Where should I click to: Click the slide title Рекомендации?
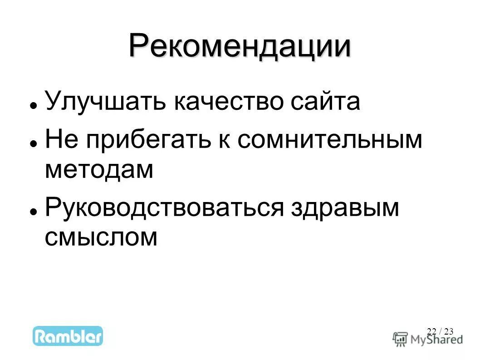pyautogui.click(x=240, y=45)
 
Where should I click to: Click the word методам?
pyautogui.click(x=99, y=169)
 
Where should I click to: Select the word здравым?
pyautogui.click(x=345, y=208)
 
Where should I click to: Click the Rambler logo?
pyautogui.click(x=68, y=336)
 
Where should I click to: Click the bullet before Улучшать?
pyautogui.click(x=33, y=105)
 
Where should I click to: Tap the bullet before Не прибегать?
pyautogui.click(x=33, y=143)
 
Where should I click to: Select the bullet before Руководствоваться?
pyautogui.click(x=33, y=212)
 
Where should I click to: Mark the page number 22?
pyautogui.click(x=431, y=331)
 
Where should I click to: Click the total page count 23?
pyautogui.click(x=449, y=331)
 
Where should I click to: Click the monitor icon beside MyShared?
pyautogui.click(x=400, y=339)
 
